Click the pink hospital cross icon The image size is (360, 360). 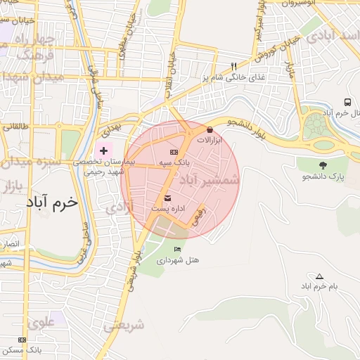(104, 150)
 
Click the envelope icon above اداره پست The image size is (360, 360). (167, 198)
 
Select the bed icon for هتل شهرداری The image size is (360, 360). (177, 250)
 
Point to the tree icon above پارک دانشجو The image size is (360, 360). (323, 165)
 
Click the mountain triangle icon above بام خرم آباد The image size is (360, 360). (320, 276)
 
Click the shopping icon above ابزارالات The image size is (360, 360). (210, 129)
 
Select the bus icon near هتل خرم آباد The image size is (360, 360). (347, 102)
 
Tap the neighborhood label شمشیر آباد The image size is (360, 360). (210, 181)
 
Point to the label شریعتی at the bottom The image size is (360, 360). (124, 326)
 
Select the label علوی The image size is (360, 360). (41, 322)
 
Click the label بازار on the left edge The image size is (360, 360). (13, 187)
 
